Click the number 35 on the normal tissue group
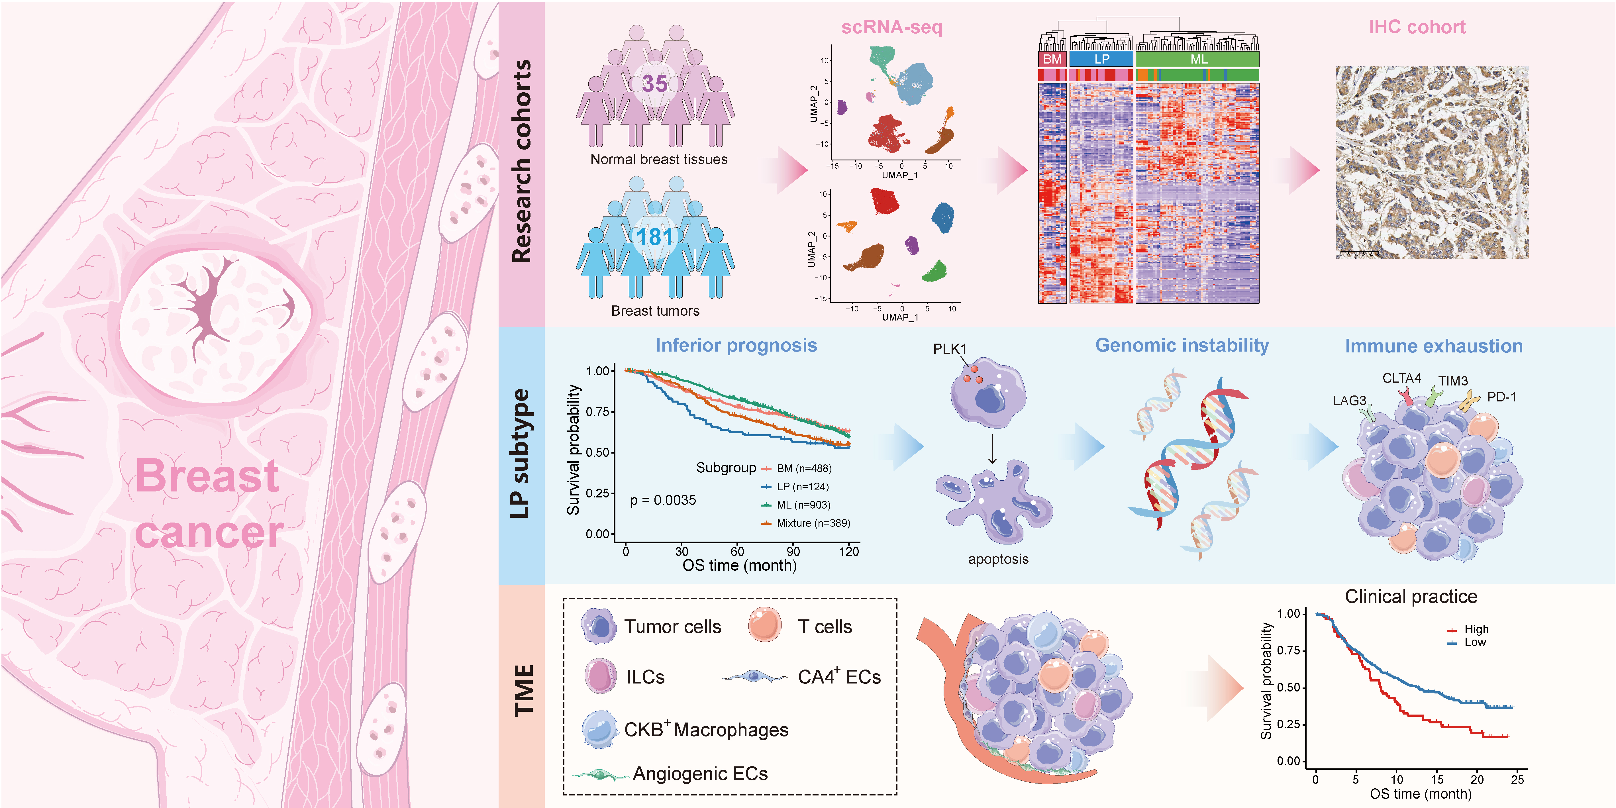pos(654,83)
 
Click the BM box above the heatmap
pos(1052,59)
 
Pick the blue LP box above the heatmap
pos(1101,59)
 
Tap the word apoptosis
pos(998,559)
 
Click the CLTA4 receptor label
pos(1401,378)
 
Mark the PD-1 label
pos(1502,397)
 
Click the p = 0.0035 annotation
pos(663,500)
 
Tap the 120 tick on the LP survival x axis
pos(849,551)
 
